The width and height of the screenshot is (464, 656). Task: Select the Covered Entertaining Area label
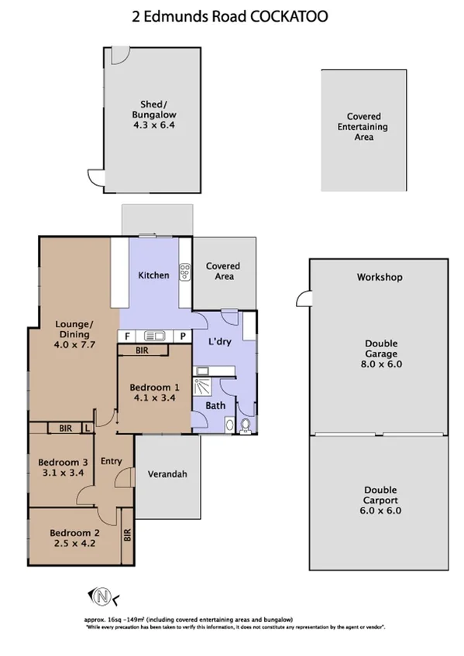363,127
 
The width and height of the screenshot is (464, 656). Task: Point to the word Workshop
379,277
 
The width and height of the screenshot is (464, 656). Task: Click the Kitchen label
153,275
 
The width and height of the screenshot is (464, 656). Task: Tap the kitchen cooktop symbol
185,272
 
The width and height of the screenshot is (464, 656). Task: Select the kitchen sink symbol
153,336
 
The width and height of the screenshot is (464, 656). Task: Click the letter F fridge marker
127,336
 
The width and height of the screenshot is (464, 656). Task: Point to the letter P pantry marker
183,336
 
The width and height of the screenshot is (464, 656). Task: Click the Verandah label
168,474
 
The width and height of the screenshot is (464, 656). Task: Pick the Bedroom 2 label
74,532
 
